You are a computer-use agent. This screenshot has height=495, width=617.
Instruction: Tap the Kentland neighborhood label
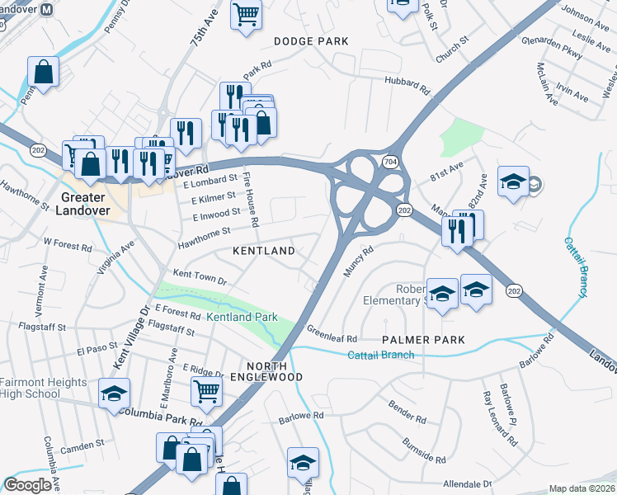264,250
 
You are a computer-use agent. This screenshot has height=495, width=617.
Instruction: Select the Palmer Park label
424,340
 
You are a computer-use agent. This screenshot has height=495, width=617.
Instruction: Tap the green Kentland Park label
242,318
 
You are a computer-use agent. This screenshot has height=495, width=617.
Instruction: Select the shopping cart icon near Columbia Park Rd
206,390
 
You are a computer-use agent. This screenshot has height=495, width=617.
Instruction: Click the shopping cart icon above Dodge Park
246,15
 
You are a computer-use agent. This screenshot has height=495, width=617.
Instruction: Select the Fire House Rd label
252,200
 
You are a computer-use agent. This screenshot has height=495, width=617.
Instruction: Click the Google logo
27,485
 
